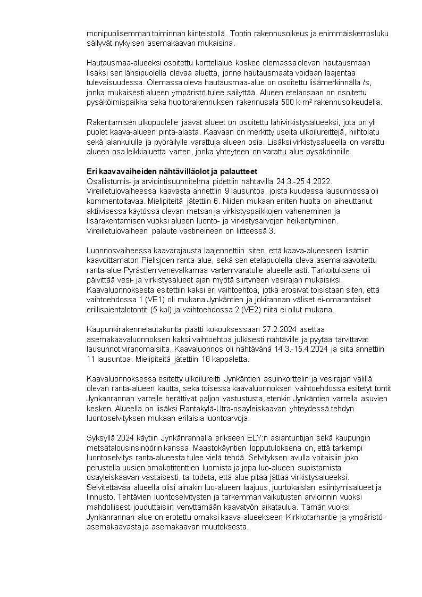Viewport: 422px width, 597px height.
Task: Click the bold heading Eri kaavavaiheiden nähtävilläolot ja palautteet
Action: (x=172, y=171)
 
